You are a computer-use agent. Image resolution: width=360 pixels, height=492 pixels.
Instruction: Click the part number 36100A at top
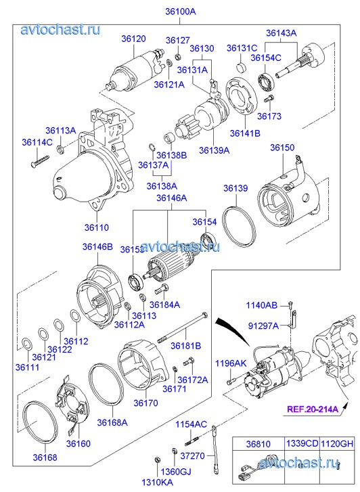coord(181,12)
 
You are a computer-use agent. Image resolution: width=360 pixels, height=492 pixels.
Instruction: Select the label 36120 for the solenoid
coord(134,39)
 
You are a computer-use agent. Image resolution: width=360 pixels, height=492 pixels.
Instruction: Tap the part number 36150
coord(282,148)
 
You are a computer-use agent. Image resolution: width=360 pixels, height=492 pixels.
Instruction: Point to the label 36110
coord(97,227)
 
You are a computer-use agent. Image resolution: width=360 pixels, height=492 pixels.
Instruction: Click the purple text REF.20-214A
coord(313,409)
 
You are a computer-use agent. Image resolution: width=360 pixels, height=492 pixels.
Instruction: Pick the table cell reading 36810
coord(258,444)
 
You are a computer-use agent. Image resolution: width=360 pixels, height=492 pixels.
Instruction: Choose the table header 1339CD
coord(302,443)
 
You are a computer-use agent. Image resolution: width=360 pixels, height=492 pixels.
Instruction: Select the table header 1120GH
coord(337,443)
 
